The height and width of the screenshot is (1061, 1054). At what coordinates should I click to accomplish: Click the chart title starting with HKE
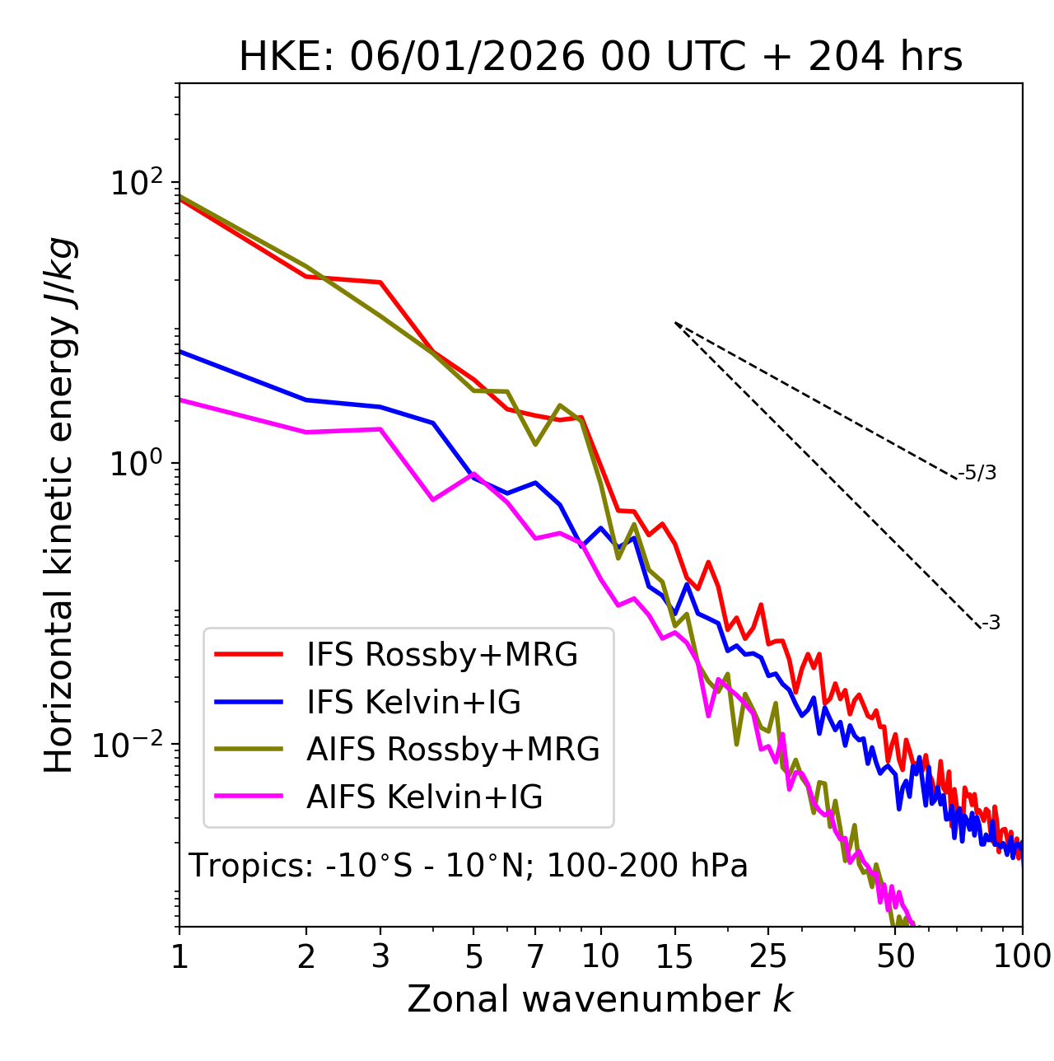pyautogui.click(x=600, y=58)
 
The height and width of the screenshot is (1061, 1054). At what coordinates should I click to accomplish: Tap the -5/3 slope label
pyautogui.click(x=977, y=473)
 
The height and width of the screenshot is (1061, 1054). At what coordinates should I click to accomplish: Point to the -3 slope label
pyautogui.click(x=991, y=623)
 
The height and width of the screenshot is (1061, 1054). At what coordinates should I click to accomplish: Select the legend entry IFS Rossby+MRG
pyautogui.click(x=441, y=655)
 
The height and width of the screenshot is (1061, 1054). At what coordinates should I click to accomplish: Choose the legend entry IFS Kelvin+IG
pyautogui.click(x=413, y=703)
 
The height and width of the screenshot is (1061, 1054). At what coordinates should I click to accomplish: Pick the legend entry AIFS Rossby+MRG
pyautogui.click(x=453, y=750)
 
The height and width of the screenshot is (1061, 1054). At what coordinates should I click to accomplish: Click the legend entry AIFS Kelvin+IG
pyautogui.click(x=424, y=797)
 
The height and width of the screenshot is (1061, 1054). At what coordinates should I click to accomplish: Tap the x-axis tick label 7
pyautogui.click(x=535, y=957)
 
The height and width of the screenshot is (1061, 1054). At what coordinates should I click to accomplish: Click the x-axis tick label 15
pyautogui.click(x=674, y=957)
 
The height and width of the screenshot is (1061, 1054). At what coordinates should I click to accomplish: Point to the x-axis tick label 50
pyautogui.click(x=895, y=957)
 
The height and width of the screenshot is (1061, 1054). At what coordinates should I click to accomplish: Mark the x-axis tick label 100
pyautogui.click(x=1022, y=957)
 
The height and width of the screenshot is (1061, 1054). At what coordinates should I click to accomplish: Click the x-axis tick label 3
pyautogui.click(x=380, y=957)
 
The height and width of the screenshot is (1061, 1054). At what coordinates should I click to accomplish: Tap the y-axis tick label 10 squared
pyautogui.click(x=134, y=183)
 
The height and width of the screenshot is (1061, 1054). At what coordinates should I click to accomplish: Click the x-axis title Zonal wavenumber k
pyautogui.click(x=599, y=1000)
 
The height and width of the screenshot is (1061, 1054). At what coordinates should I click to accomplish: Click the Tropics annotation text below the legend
pyautogui.click(x=469, y=866)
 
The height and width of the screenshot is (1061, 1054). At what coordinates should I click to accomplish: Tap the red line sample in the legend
pyautogui.click(x=248, y=655)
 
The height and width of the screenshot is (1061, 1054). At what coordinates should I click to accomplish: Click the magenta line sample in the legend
pyautogui.click(x=248, y=797)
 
